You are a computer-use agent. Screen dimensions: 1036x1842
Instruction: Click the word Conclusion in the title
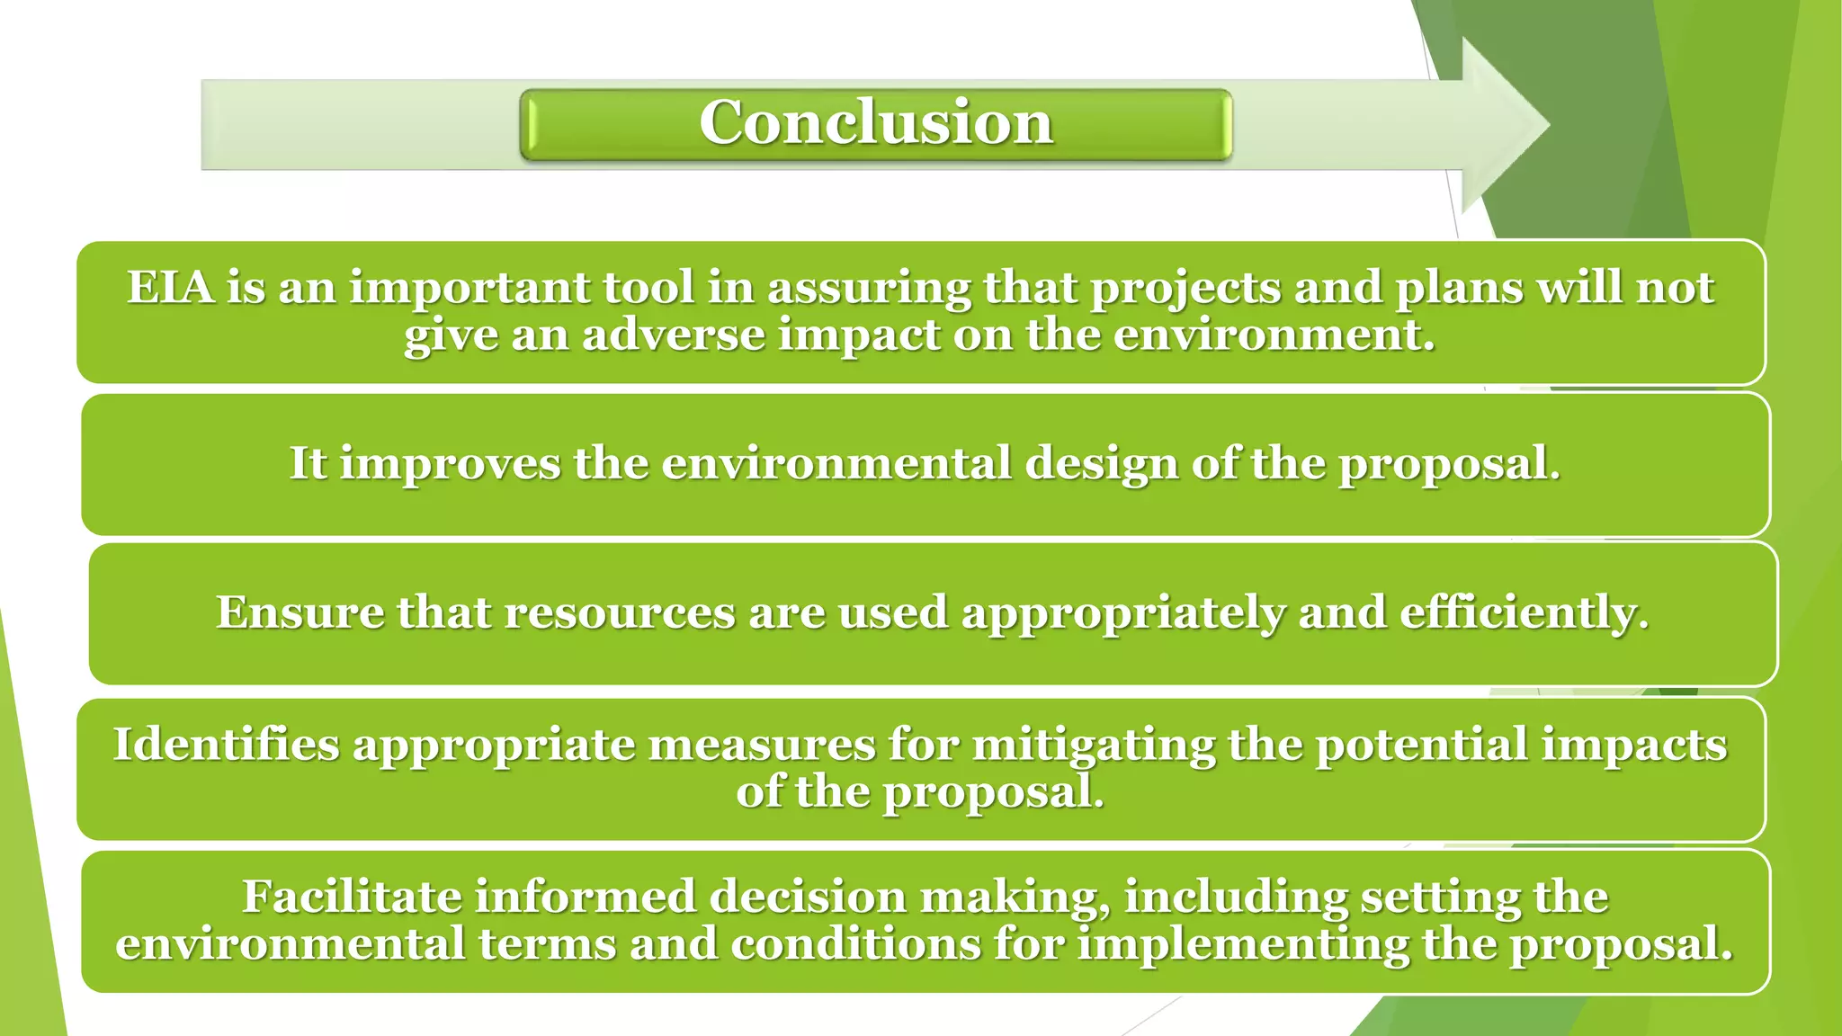click(x=875, y=122)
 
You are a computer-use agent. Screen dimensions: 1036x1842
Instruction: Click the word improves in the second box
click(x=450, y=464)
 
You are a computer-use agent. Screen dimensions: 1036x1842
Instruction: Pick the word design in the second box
click(x=1101, y=464)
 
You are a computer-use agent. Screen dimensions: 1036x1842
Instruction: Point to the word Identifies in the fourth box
click(x=226, y=745)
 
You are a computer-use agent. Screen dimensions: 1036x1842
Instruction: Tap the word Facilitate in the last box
click(x=351, y=897)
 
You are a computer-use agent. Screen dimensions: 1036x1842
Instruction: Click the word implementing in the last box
click(x=1242, y=944)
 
